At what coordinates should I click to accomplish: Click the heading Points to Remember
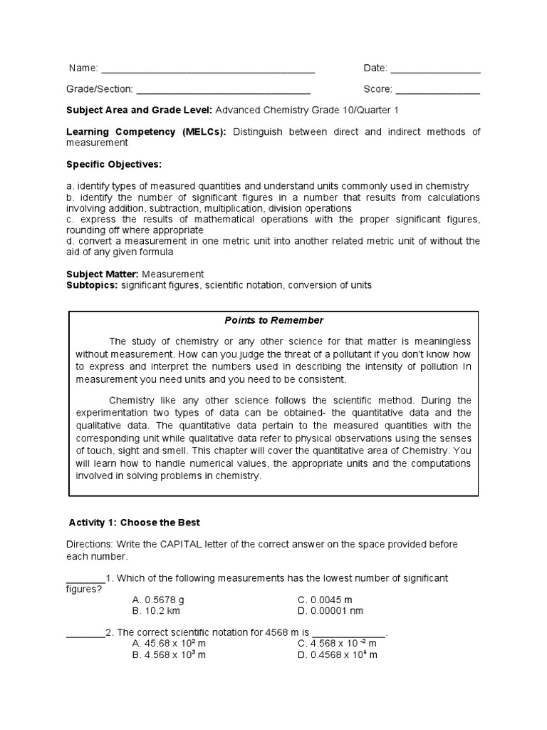click(x=274, y=321)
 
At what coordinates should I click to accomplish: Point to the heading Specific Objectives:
click(x=114, y=165)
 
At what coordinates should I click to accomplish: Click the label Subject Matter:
click(x=103, y=274)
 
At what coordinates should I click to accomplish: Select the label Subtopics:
click(x=93, y=285)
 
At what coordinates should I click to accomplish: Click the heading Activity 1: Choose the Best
click(x=135, y=523)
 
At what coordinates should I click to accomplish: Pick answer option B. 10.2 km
click(x=156, y=611)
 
